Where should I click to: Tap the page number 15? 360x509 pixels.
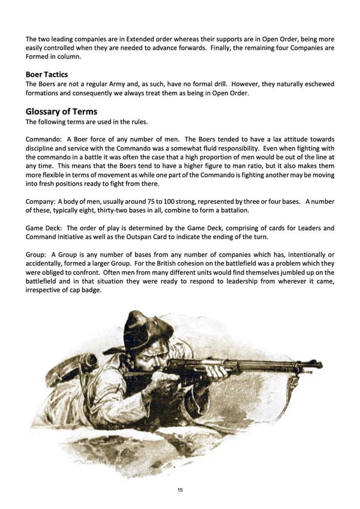coord(180,490)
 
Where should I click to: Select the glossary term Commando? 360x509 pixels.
coord(43,140)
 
